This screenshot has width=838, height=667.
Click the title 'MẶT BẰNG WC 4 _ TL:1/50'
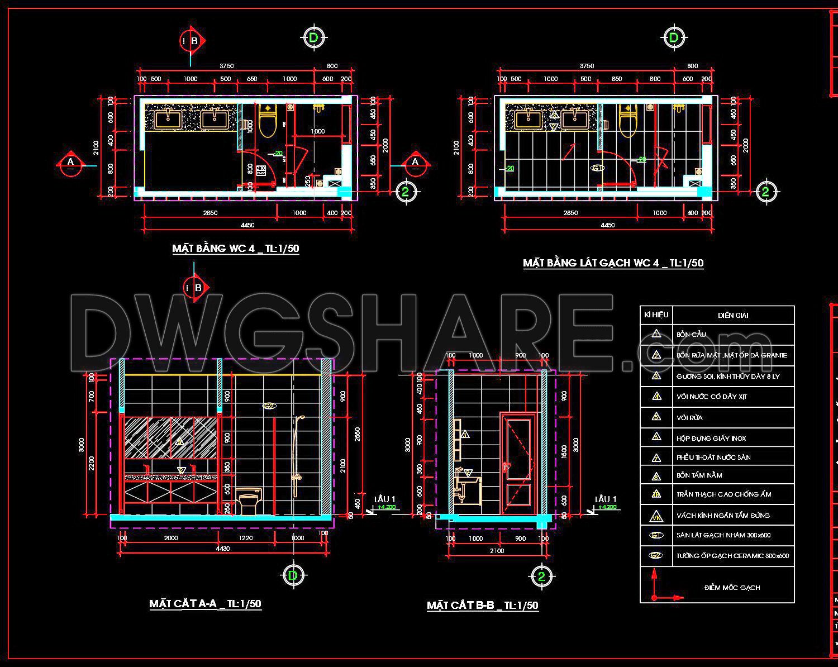pos(235,249)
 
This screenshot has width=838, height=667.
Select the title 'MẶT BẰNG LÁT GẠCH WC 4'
pos(613,263)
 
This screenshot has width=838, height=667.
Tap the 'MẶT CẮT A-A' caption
pos(205,604)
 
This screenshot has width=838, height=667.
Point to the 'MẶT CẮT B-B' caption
pos(482,606)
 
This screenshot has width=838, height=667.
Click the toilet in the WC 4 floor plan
pos(268,121)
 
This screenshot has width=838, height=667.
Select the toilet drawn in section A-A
pos(247,501)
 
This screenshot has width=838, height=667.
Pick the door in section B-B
pos(518,463)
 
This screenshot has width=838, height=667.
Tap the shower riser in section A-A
pos(296,452)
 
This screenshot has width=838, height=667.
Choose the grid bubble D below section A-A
pos(292,575)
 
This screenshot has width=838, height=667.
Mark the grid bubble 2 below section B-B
pos(541,577)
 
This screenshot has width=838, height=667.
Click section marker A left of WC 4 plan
pos(70,163)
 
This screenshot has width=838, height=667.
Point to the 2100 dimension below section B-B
pos(497,551)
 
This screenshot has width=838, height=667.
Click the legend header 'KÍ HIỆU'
pos(656,315)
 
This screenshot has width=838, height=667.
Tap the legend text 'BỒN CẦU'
pos(691,335)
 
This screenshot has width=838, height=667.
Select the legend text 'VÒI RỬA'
pos(689,418)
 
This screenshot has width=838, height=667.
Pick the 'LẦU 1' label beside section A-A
pos(385,499)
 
